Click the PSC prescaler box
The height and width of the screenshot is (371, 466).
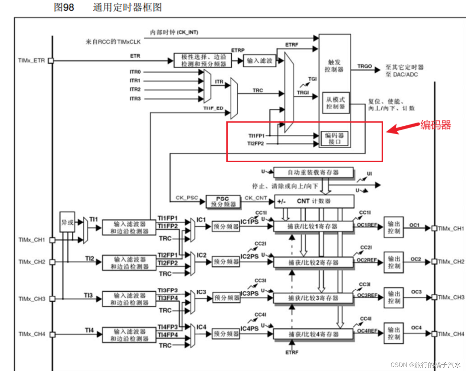pyautogui.click(x=223, y=201)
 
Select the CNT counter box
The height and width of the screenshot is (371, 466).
pyautogui.click(x=314, y=201)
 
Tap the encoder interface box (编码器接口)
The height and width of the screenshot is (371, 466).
pyautogui.click(x=334, y=139)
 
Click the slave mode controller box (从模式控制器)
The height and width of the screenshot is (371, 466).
pyautogui.click(x=335, y=103)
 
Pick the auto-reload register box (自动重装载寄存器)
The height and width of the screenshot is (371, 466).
pyautogui.click(x=313, y=173)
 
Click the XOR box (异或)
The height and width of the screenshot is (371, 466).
pyautogui.click(x=67, y=222)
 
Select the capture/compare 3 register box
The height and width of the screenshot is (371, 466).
pyautogui.click(x=313, y=298)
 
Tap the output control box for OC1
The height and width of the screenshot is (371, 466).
pyautogui.click(x=394, y=227)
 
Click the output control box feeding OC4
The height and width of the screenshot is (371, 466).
pyautogui.click(x=394, y=333)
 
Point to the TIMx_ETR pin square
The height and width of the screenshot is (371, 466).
pyautogui.click(x=51, y=61)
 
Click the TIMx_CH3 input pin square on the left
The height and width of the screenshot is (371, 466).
pyautogui.click(x=52, y=299)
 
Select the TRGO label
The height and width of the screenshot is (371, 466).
pyautogui.click(x=365, y=66)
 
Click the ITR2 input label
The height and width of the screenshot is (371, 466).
pyautogui.click(x=135, y=90)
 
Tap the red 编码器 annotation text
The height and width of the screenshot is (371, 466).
pyautogui.click(x=435, y=125)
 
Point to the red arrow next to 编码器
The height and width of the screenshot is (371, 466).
pyautogui.click(x=403, y=128)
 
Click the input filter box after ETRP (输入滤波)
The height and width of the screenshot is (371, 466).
pyautogui.click(x=260, y=61)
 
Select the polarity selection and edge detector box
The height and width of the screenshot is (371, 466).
pyautogui.click(x=203, y=60)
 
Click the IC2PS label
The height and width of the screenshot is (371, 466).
pyautogui.click(x=249, y=257)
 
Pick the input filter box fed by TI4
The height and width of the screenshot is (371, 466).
pyautogui.click(x=129, y=335)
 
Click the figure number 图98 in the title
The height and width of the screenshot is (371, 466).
pyautogui.click(x=64, y=7)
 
